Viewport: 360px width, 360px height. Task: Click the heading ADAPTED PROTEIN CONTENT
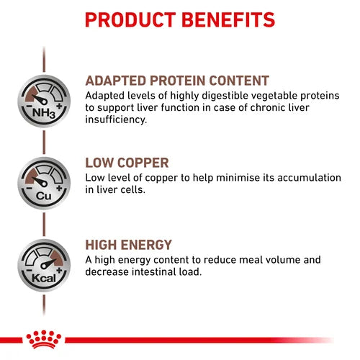[177, 81]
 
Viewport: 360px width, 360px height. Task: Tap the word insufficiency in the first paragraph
[116, 120]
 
